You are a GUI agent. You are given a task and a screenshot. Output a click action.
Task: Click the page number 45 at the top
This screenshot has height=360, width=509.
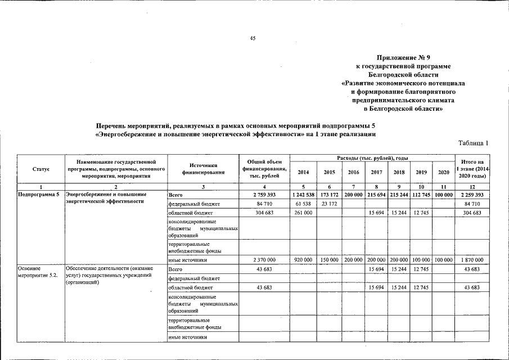[253, 38]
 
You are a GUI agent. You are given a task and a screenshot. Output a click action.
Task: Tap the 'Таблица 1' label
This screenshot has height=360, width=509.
[474, 143]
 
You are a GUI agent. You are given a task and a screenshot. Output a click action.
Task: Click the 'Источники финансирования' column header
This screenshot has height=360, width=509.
[203, 169]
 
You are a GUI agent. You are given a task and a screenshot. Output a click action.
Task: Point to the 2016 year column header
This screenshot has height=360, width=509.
[353, 172]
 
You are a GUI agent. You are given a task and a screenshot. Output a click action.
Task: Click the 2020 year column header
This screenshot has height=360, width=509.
[443, 172]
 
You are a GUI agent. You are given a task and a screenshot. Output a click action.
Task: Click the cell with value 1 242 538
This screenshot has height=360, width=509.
[303, 194]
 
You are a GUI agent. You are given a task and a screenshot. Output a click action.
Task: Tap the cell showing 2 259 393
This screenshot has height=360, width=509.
[471, 194]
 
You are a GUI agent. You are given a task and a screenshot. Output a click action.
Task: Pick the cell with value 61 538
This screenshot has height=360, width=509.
[303, 204]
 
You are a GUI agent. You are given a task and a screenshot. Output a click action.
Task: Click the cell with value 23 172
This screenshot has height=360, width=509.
[328, 204]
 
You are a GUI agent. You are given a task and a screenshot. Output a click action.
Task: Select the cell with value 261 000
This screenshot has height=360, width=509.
[303, 213]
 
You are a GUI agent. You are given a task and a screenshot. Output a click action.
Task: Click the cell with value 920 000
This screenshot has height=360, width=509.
[303, 260]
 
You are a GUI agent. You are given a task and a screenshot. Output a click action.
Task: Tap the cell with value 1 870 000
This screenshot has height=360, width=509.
[471, 260]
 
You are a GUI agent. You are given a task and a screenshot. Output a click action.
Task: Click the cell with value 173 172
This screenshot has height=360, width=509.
[328, 194]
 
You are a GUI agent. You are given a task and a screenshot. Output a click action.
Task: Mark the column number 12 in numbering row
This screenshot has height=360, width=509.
[471, 186]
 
